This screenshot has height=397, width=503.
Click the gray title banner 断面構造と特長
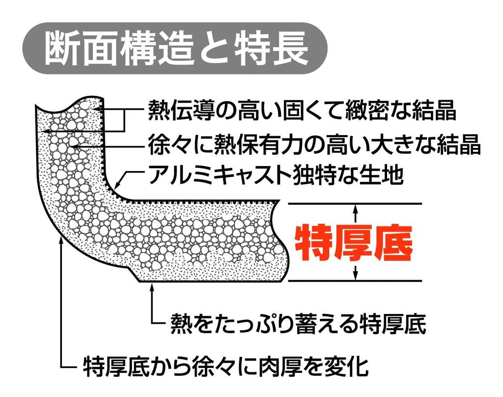point(175,49)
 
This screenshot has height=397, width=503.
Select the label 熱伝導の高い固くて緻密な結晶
point(302,111)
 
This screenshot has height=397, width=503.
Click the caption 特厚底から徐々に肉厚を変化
point(226,366)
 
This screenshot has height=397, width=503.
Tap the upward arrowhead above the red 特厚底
point(355,209)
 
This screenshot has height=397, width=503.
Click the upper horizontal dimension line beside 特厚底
point(355,203)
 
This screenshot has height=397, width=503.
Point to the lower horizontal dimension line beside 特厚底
point(355,281)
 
